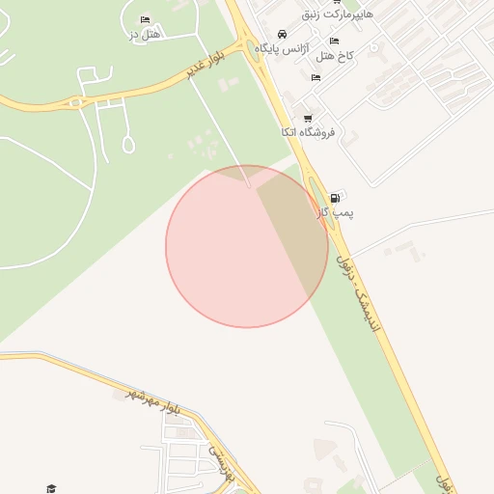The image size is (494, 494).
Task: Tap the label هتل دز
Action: pyautogui.click(x=145, y=35)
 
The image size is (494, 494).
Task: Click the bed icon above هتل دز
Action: pyautogui.click(x=145, y=19)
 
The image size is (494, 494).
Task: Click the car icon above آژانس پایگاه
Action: pyautogui.click(x=281, y=32)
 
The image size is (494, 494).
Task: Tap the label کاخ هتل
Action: pyautogui.click(x=336, y=56)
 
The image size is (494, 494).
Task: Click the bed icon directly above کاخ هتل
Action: pyautogui.click(x=335, y=41)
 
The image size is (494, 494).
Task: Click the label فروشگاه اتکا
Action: pyautogui.click(x=308, y=132)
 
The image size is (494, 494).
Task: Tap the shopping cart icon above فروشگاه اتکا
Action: pyautogui.click(x=308, y=118)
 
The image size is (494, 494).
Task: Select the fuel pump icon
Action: pyautogui.click(x=335, y=197)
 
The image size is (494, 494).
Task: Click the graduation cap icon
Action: pyautogui.click(x=51, y=488)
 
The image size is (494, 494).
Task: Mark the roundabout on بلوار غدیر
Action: pyautogui.click(x=74, y=102)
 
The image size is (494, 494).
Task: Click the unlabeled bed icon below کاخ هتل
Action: pyautogui.click(x=316, y=77)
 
